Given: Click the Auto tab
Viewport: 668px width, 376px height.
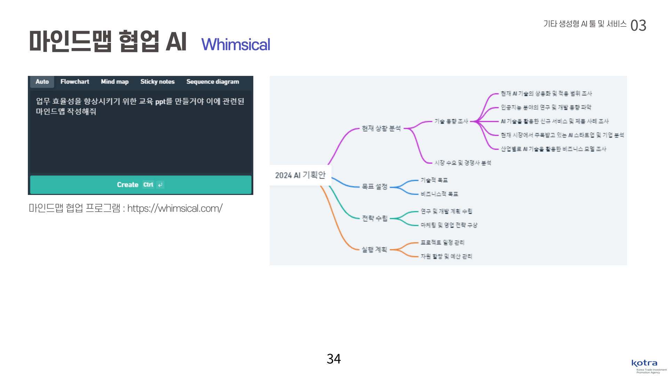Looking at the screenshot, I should point(42,81).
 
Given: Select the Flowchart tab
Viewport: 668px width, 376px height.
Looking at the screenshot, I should point(74,81).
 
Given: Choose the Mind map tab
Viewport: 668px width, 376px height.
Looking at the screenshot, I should point(114,81).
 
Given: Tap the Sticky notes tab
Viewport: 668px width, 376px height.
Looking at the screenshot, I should point(157,81).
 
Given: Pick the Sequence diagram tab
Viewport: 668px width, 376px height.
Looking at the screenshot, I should point(213,81).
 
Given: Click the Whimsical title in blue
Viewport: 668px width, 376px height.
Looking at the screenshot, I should point(236,45).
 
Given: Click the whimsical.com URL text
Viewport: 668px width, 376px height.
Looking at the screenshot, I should point(175,208).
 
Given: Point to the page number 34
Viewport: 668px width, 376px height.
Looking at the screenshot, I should point(334,359).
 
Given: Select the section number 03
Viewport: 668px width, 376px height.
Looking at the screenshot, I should point(638,25).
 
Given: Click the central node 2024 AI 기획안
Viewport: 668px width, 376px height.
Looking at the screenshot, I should point(300,175).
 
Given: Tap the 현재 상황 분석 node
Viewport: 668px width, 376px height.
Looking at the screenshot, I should point(381,128).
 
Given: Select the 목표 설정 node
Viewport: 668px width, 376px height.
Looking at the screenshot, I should point(374,187).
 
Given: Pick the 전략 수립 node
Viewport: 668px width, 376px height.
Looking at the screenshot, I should point(374,218).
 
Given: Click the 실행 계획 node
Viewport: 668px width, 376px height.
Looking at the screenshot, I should point(374,250).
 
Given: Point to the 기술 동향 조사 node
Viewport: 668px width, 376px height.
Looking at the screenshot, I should point(451,121).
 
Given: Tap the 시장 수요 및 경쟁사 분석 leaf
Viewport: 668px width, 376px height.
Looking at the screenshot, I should point(463,163).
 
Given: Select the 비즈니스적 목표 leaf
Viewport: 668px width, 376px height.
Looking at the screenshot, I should point(439,194).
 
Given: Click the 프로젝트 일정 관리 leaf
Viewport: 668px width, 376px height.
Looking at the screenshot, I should point(442,242).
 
